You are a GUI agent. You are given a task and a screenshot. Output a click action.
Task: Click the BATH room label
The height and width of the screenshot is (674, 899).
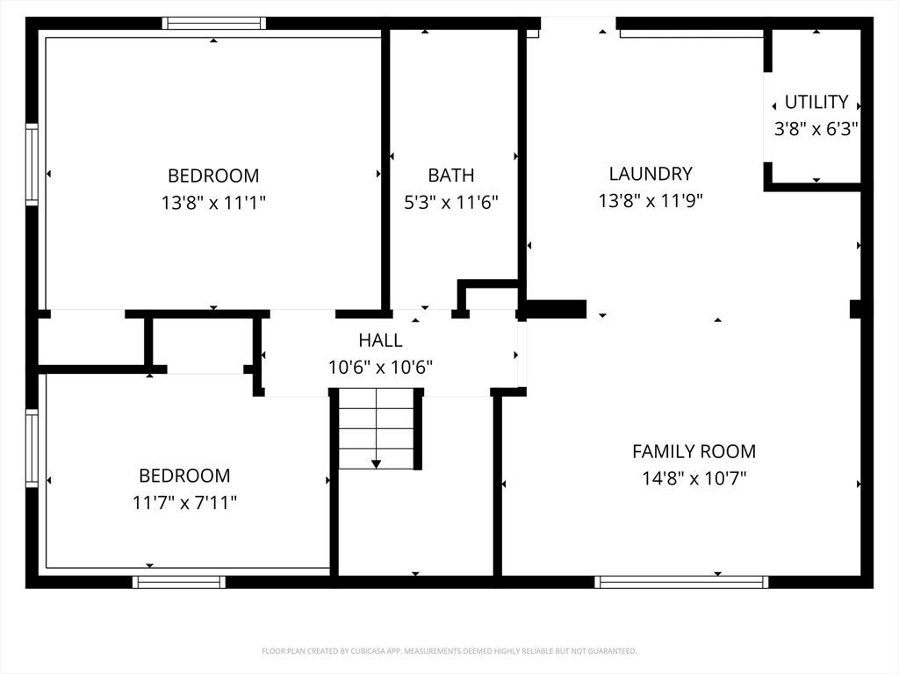pos(450,175)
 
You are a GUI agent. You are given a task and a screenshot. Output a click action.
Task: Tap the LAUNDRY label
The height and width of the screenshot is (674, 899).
pos(651,173)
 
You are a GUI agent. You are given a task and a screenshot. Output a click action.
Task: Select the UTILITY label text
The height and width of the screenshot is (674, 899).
pos(816,102)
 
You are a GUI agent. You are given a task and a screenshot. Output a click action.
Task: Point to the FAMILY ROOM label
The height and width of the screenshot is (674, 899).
pos(694,451)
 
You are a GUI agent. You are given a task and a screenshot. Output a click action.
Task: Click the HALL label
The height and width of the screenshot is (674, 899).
pos(380,340)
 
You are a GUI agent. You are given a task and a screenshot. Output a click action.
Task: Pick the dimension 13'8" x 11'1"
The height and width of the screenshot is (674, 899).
pos(213,203)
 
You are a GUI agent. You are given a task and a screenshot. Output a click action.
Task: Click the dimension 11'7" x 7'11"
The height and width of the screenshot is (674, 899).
pos(184,503)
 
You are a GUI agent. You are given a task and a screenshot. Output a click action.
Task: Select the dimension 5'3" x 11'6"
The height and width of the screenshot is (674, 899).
pos(450,203)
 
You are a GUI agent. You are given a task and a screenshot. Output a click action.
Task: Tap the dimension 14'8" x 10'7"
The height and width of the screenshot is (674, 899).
pos(694,478)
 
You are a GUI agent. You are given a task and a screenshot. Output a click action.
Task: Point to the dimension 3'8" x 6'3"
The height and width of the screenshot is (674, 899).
pos(816,129)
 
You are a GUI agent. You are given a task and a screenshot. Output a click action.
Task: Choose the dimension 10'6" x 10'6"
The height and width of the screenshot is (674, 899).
pos(380,367)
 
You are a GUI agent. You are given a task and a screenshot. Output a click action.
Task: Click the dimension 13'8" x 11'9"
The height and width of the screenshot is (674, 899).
pos(651,201)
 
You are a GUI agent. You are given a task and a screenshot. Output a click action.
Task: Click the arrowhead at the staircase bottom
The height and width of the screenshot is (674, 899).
pos(376,464)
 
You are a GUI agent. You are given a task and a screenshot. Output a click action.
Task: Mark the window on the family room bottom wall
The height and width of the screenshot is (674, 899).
pos(681,583)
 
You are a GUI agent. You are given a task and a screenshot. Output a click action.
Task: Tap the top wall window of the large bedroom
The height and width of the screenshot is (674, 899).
pos(214,23)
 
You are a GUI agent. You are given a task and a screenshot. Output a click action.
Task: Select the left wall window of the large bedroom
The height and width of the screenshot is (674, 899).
pos(32,164)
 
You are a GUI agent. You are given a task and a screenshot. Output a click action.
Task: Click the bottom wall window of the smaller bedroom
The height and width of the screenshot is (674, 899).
pos(179,583)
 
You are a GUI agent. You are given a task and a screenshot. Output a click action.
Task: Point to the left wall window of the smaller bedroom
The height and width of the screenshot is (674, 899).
pos(32,448)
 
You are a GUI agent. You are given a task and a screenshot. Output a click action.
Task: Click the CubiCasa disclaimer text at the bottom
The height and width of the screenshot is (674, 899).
pos(449,651)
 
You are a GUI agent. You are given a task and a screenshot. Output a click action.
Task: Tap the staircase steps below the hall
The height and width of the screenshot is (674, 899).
pos(376,428)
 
